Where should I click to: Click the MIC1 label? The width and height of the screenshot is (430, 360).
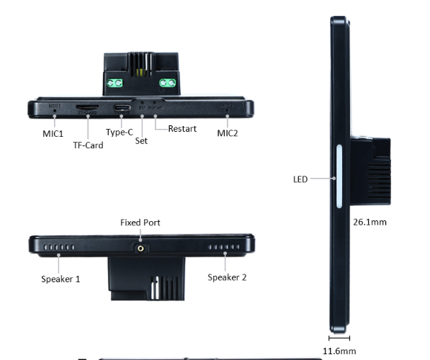click(x=53, y=134)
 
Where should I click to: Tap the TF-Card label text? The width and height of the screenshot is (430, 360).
click(x=88, y=145)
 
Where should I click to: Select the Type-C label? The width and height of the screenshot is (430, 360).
click(x=120, y=132)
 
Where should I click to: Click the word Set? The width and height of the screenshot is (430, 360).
click(x=141, y=141)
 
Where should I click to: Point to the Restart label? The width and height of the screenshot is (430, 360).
click(x=183, y=129)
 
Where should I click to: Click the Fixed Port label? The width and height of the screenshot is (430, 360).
click(x=140, y=223)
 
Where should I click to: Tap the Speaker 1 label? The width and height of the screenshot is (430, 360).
click(x=61, y=279)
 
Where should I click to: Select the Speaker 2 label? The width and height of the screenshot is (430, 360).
click(x=227, y=277)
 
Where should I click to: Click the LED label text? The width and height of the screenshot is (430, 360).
click(x=300, y=179)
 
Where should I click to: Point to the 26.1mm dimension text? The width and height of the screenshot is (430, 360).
click(x=370, y=222)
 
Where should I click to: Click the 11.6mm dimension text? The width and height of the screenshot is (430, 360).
click(x=339, y=351)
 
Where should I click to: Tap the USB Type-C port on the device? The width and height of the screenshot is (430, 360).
click(x=122, y=109)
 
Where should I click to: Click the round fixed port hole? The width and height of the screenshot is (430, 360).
click(x=140, y=247)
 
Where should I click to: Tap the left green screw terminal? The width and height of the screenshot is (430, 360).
click(x=113, y=84)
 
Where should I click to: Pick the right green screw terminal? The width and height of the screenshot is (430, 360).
click(x=168, y=84)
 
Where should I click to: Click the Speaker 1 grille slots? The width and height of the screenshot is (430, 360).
click(x=59, y=247)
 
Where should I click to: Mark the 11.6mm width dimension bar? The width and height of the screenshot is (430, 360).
click(x=339, y=337)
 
